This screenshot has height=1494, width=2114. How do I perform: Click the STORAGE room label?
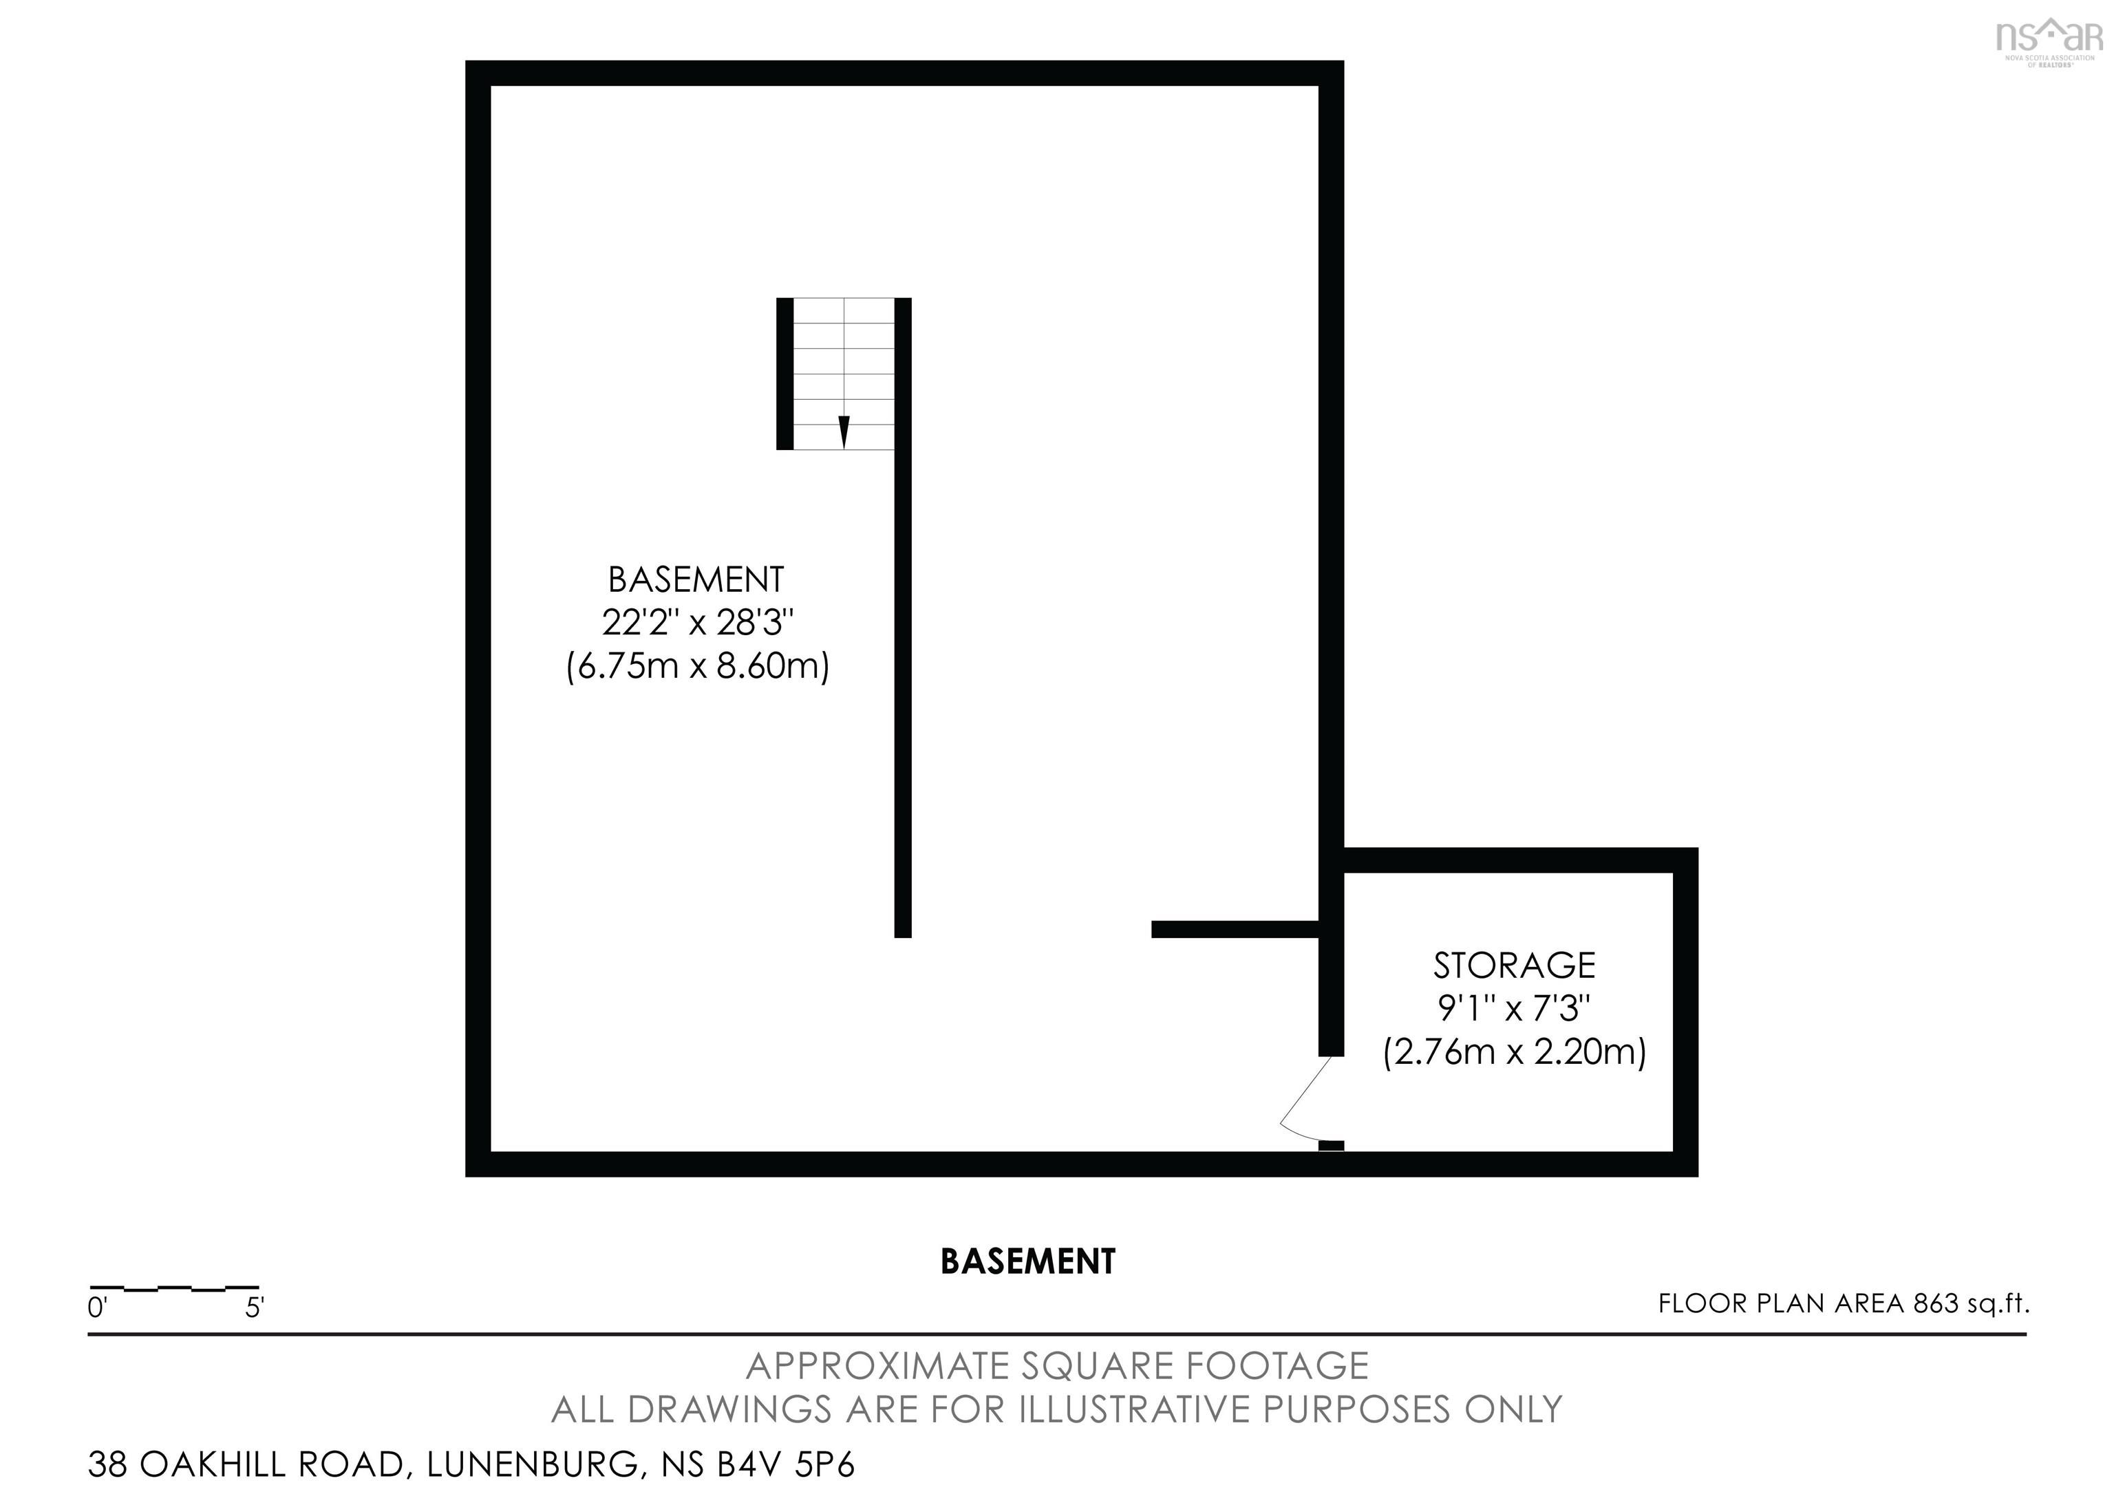1514,965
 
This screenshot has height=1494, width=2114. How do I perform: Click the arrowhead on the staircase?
844,431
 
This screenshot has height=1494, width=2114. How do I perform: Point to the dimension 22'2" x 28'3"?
697,623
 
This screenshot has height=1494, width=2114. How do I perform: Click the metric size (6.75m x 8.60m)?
697,665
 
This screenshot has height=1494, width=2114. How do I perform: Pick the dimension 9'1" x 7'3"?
1514,1009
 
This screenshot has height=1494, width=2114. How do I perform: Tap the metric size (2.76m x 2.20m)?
1514,1052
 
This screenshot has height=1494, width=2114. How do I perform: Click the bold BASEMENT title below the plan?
1027,1261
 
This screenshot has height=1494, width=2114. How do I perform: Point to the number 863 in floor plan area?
1935,1303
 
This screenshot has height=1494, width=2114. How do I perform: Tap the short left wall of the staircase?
784,374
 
